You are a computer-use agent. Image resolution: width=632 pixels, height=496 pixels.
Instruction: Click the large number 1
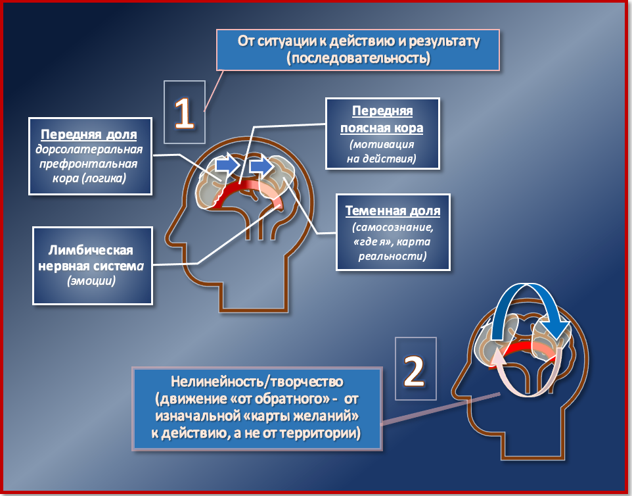point(184,112)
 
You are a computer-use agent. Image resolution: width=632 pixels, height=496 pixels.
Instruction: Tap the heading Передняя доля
point(89,135)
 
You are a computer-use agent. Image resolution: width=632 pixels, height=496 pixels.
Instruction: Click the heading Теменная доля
point(393,212)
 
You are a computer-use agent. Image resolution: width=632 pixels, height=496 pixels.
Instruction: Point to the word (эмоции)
point(92,281)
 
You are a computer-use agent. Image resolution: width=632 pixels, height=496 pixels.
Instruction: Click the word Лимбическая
point(91,250)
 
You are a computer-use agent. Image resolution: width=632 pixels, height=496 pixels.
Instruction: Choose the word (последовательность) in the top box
point(359,58)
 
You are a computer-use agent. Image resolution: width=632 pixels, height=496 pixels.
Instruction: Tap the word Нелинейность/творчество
point(257,382)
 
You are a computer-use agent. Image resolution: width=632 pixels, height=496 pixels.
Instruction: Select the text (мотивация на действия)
point(382,151)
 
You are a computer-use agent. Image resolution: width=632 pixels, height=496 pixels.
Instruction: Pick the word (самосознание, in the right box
point(393,228)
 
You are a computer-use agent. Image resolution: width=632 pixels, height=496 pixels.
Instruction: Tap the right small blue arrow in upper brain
point(262,166)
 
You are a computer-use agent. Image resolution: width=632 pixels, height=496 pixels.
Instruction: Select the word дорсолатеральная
point(90,149)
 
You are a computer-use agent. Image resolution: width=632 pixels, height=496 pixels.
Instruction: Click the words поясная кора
point(382,128)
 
